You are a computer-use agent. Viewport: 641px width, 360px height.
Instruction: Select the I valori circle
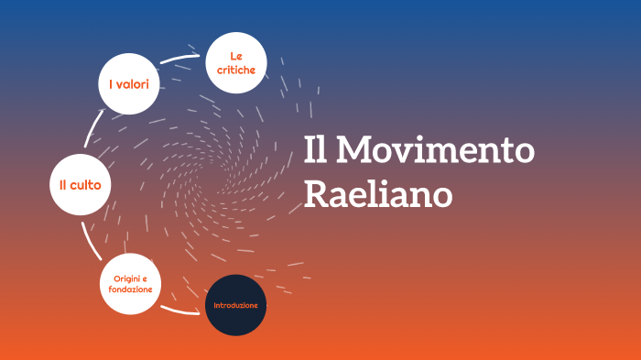pos(130,84)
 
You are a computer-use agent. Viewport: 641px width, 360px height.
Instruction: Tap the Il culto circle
pos(80,185)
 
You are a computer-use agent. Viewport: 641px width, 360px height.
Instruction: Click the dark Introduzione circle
pos(236,305)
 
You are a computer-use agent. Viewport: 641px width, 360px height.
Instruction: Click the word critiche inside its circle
pos(236,70)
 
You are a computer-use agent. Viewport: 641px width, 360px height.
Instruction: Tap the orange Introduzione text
pos(236,305)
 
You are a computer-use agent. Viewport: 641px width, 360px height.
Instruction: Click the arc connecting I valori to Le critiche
pos(181,58)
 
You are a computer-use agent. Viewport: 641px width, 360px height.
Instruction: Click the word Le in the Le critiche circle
pos(236,57)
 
